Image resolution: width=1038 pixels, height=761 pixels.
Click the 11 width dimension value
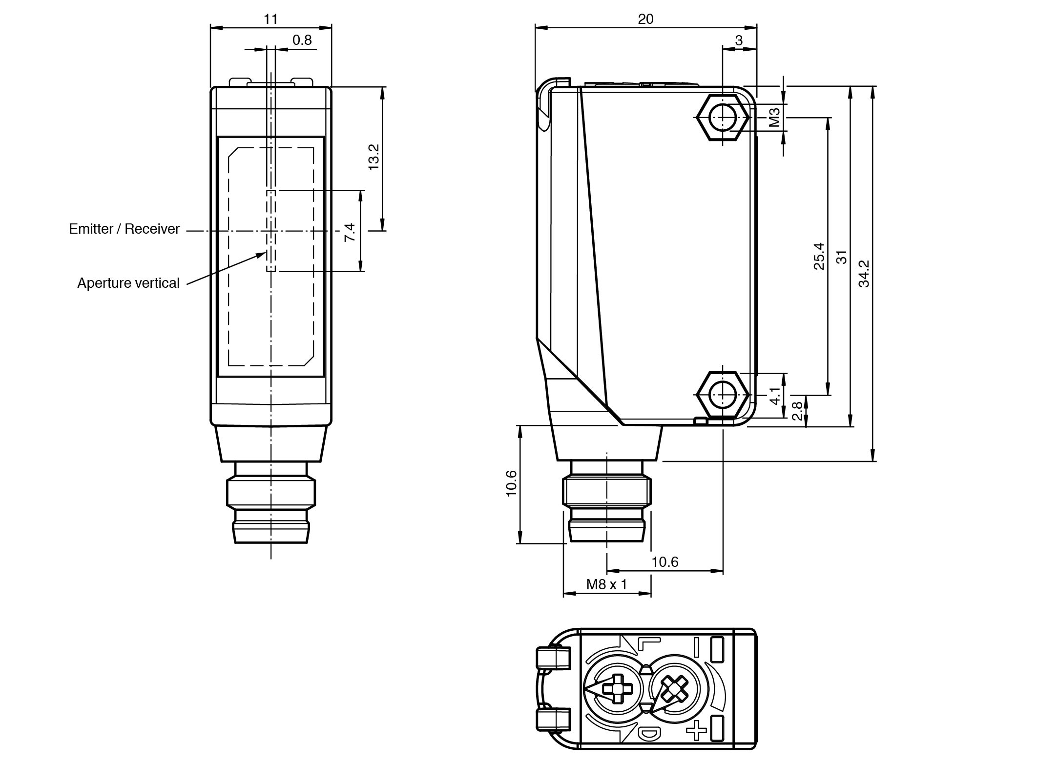coord(270,19)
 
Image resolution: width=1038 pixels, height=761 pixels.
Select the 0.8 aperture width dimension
coord(302,40)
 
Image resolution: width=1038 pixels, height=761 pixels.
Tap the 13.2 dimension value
coord(374,157)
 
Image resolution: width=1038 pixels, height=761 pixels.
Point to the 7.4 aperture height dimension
coord(350,232)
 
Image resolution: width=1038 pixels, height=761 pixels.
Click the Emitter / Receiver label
coord(124,229)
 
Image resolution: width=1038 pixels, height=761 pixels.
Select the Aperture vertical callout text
coord(128,283)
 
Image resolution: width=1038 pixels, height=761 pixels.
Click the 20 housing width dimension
coord(645,19)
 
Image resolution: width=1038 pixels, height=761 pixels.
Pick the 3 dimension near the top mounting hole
coord(739,40)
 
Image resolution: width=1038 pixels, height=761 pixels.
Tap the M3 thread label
coord(775,118)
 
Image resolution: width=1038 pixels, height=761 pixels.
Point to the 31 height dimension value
coord(842,257)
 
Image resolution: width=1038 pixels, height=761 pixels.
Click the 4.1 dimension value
coord(775,396)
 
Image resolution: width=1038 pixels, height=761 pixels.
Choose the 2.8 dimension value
coord(797,411)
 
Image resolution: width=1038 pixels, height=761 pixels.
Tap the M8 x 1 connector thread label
coord(606,584)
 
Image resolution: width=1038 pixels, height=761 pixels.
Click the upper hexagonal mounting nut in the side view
coord(723,118)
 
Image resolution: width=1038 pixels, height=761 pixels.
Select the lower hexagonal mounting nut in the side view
coord(723,395)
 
